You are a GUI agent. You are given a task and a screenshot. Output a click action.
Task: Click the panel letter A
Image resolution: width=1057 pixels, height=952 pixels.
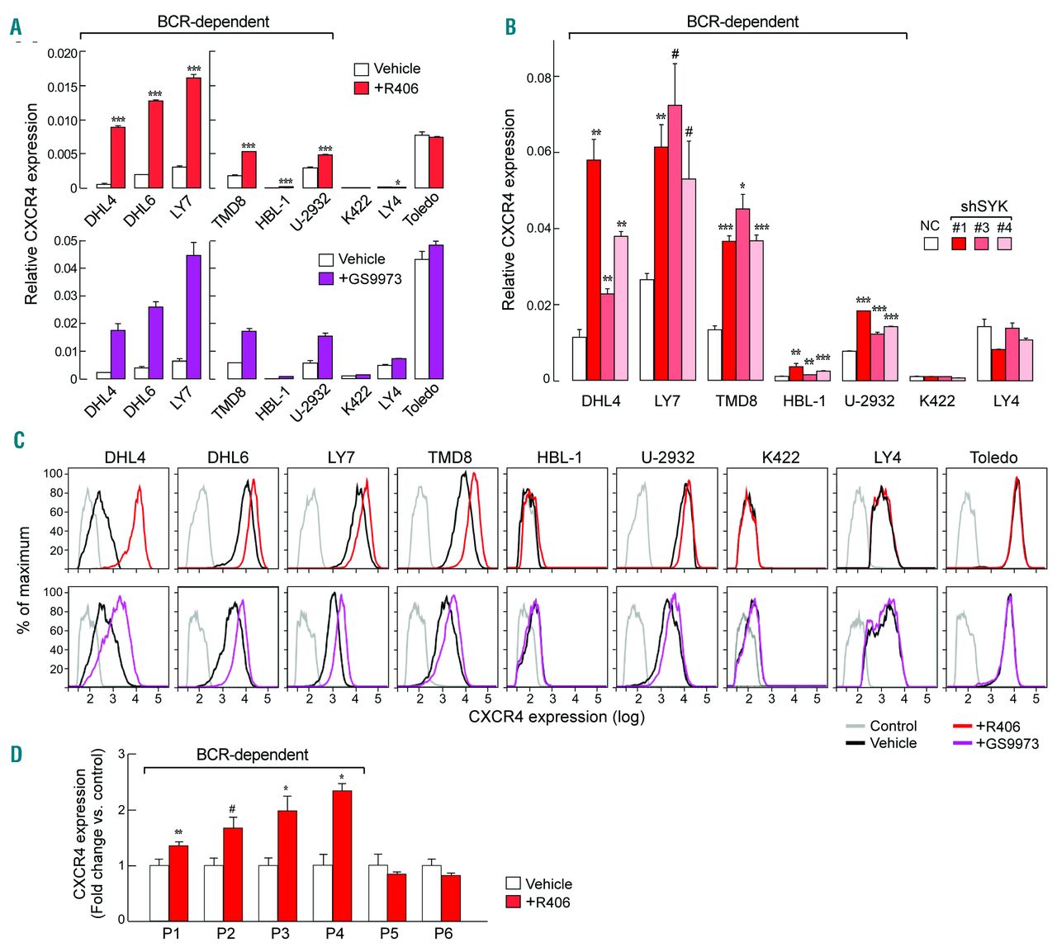(x=15, y=27)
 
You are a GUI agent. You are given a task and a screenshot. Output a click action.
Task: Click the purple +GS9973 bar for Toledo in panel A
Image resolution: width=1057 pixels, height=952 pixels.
(x=437, y=312)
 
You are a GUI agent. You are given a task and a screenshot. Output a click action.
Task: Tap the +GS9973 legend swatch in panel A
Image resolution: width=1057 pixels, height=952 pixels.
(x=326, y=278)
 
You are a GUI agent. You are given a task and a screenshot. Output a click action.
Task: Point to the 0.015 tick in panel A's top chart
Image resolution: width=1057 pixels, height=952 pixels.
(x=62, y=87)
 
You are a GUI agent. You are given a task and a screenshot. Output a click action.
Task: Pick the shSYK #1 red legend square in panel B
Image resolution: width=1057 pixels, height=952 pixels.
(x=959, y=244)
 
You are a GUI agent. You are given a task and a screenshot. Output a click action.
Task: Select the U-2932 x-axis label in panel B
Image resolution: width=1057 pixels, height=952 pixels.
(x=869, y=400)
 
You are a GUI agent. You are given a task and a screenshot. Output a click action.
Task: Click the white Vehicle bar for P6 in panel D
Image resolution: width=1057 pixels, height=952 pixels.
(x=430, y=893)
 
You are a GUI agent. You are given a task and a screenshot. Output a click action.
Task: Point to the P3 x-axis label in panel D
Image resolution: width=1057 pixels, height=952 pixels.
(x=280, y=934)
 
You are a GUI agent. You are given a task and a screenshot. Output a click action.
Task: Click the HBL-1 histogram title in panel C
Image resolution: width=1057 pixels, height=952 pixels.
(x=559, y=457)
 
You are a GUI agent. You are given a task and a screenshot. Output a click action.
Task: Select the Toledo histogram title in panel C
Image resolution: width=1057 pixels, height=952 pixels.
(x=993, y=457)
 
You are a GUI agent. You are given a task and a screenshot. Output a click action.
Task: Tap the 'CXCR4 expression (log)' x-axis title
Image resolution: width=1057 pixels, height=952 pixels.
(x=557, y=717)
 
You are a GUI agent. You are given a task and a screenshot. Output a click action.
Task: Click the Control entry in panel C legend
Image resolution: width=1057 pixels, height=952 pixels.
(x=893, y=726)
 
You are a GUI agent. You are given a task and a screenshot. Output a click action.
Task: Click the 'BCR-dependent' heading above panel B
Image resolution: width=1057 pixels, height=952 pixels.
(x=742, y=21)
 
